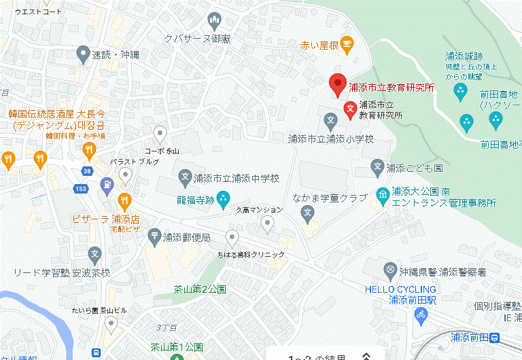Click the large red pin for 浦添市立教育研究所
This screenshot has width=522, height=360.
click(x=338, y=85)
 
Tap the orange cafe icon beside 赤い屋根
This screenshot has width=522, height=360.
click(x=347, y=46)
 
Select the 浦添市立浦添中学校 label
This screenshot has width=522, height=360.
click(x=237, y=179)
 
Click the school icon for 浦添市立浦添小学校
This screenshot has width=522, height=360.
click(x=331, y=123)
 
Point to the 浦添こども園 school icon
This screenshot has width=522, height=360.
click(x=378, y=166)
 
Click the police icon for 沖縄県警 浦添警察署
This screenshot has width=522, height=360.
click(x=390, y=271)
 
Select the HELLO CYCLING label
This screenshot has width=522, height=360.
click(x=400, y=288)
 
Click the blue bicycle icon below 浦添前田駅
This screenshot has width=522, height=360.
click(x=421, y=314)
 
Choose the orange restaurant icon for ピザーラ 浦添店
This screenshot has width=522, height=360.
click(x=124, y=200)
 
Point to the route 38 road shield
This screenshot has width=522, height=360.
click(x=86, y=172)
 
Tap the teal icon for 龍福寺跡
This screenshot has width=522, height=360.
click(x=224, y=200)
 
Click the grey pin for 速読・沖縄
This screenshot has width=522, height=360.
click(x=83, y=53)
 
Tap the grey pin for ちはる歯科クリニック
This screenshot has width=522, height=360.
click(x=232, y=238)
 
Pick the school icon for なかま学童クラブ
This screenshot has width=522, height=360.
click(x=307, y=214)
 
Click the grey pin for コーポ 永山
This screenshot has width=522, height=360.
click(x=160, y=133)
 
